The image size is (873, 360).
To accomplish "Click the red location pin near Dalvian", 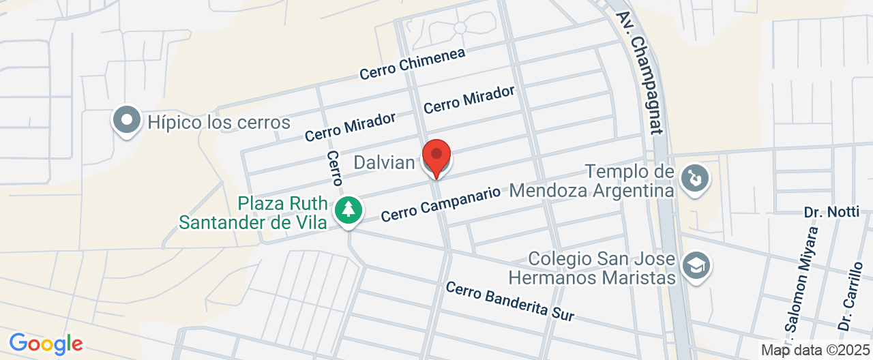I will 436,157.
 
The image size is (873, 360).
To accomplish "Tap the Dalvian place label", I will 384,162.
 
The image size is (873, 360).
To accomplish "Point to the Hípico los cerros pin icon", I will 126,121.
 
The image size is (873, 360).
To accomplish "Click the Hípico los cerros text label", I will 219,123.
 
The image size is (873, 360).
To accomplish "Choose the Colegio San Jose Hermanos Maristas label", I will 592,269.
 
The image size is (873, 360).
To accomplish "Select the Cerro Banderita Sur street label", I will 510,301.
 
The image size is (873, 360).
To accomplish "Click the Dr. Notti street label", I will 831,212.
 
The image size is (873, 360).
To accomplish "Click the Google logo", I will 46,343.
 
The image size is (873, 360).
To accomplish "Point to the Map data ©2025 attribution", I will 815,350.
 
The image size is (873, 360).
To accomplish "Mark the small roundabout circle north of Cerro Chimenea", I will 460,27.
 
